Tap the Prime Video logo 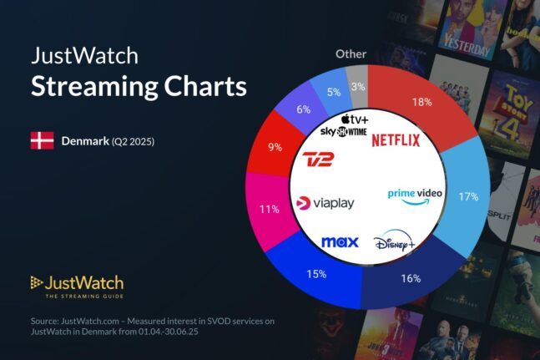coord(415,194)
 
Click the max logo coord(340,242)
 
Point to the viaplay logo coord(326,203)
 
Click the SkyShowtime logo coord(343,133)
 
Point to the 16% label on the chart coord(410,278)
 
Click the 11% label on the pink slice coord(269,209)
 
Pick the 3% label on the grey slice coord(357,87)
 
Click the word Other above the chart coord(351,53)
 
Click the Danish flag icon coord(42,141)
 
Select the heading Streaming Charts coord(139,86)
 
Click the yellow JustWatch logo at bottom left coord(77,285)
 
